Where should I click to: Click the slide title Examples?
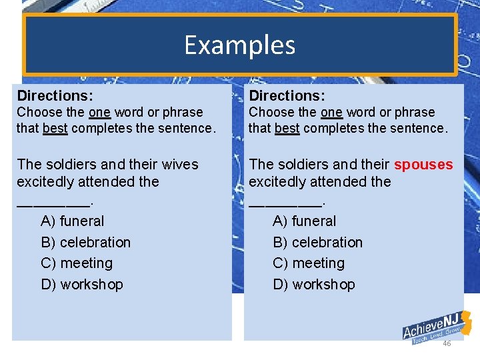(x=239, y=45)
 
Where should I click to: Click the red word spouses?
(x=423, y=165)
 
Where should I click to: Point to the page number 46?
(x=447, y=343)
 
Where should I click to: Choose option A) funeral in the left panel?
(x=73, y=221)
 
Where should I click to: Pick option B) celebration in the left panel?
(x=86, y=242)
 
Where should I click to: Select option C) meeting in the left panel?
(x=77, y=263)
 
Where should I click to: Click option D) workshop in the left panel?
(x=82, y=285)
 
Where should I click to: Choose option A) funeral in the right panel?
(x=305, y=221)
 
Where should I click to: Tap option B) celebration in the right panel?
(x=318, y=242)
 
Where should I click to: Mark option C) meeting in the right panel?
(x=309, y=263)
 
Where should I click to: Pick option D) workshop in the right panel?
(x=314, y=285)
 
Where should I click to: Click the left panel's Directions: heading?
(x=55, y=96)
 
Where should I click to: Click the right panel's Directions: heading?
(x=287, y=96)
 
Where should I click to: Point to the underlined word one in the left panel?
(x=99, y=113)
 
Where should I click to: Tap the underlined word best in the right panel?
(x=287, y=128)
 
